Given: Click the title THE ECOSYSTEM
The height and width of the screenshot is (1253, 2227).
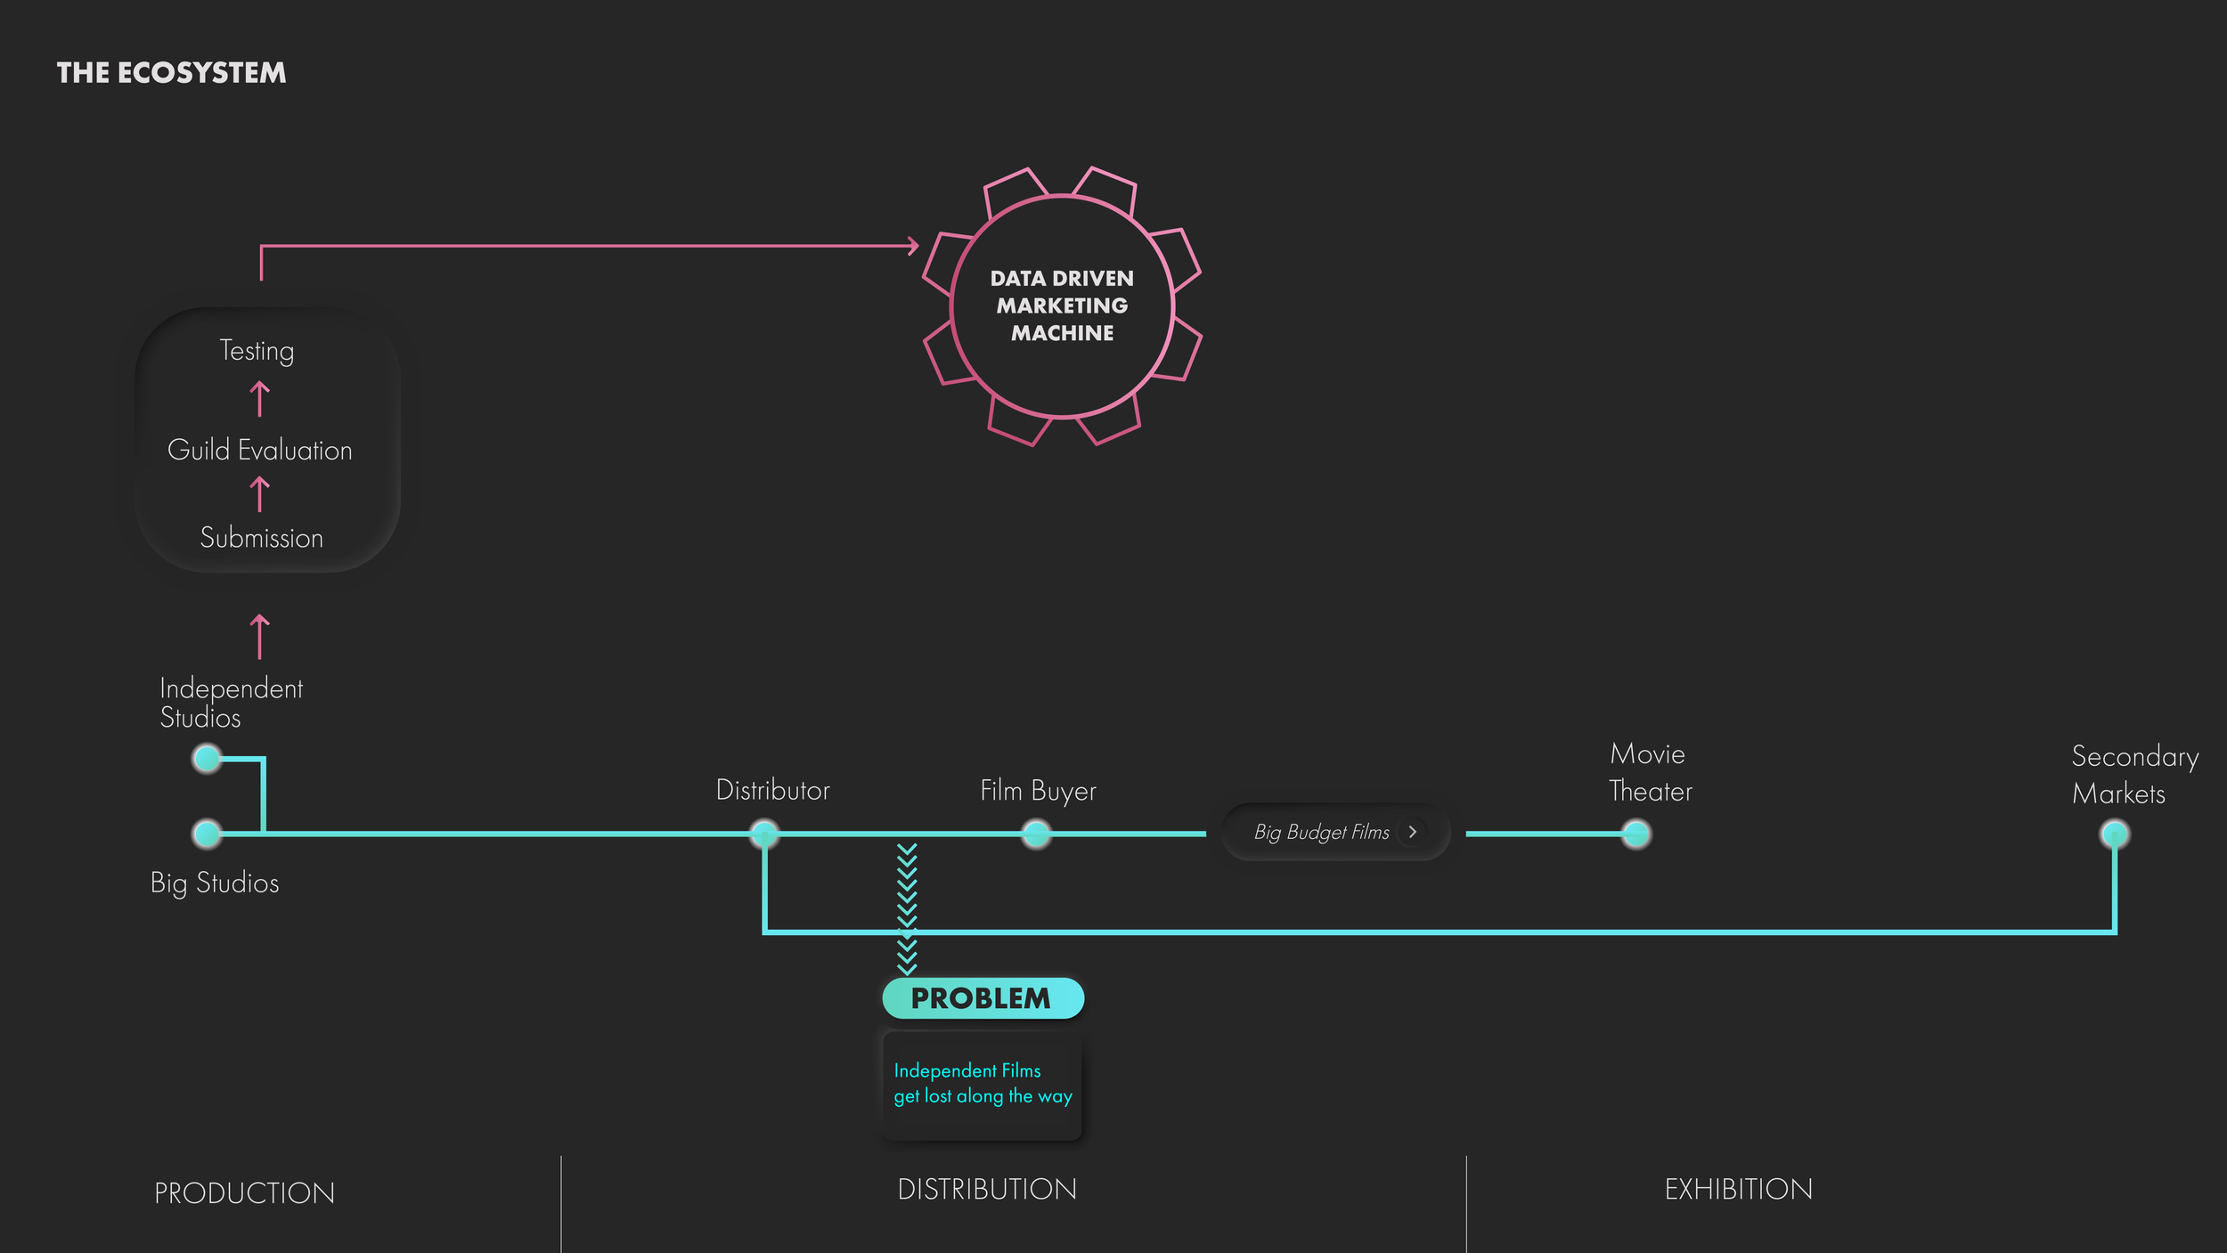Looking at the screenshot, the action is (x=171, y=73).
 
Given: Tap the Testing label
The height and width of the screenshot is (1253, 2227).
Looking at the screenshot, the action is (x=257, y=351).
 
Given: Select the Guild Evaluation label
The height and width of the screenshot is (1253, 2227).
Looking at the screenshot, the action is (x=260, y=450).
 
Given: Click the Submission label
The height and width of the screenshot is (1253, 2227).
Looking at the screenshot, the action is (x=262, y=538).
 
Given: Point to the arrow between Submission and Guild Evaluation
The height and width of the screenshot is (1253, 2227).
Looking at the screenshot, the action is (x=259, y=494).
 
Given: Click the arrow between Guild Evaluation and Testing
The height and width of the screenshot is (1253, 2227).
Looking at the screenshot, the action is (x=259, y=399).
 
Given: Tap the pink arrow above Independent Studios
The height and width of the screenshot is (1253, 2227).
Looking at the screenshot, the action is (x=259, y=637).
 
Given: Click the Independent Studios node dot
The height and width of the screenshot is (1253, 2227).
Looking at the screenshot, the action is (x=208, y=759).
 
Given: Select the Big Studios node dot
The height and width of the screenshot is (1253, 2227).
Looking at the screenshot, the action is (x=208, y=834).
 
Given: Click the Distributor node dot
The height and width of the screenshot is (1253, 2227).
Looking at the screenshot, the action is (x=764, y=834).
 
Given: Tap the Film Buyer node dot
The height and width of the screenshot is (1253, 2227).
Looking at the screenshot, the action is (x=1036, y=834).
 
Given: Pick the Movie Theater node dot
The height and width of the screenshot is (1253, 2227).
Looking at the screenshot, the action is (x=1636, y=834).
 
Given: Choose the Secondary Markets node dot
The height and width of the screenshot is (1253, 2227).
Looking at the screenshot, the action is (x=2115, y=834).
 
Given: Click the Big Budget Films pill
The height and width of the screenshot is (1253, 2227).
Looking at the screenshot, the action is (x=1336, y=832).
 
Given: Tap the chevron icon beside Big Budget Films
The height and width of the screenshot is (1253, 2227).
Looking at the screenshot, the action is (x=1413, y=832).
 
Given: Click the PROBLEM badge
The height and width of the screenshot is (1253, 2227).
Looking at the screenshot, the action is (x=983, y=998).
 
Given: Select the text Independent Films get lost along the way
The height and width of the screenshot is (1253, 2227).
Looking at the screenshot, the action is (x=983, y=1084).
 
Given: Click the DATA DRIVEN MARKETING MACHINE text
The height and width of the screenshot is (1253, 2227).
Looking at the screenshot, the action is (x=1062, y=305).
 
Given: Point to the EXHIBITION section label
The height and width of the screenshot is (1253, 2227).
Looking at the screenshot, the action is (x=1739, y=1190).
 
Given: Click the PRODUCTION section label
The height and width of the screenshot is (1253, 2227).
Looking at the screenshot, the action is (x=245, y=1193).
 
